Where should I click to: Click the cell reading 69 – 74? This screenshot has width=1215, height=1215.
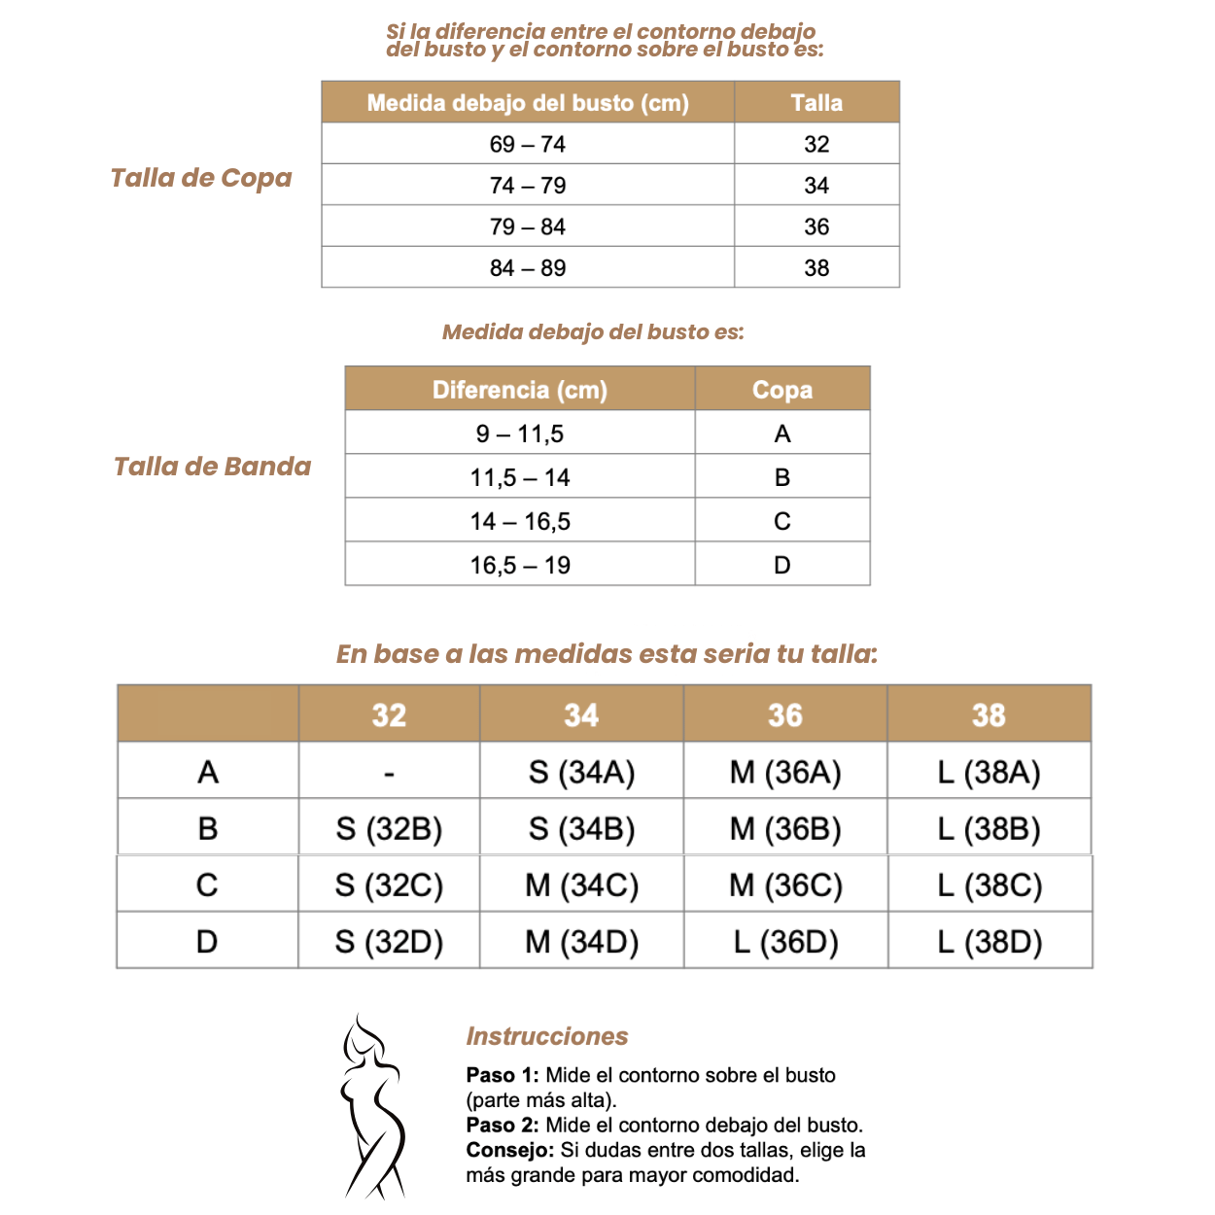tap(527, 144)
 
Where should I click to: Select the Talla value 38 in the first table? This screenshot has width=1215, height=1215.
tap(816, 267)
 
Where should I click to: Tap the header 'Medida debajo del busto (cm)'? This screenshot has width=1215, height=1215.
tap(527, 103)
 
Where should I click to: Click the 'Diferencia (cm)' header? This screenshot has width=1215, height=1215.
tap(519, 390)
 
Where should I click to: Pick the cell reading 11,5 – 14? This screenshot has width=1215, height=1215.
tap(519, 477)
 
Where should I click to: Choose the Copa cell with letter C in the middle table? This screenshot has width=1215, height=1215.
tap(781, 521)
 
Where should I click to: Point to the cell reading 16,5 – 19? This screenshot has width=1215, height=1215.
tap(519, 565)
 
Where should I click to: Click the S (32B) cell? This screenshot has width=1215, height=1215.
tap(389, 829)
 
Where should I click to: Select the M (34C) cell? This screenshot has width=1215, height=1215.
tap(581, 885)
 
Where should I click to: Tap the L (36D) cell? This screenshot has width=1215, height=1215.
tap(785, 942)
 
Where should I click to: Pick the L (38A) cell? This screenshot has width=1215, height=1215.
tap(989, 773)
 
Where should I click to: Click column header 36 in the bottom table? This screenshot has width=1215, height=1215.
tap(785, 715)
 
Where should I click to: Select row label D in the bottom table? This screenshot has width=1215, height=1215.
tap(207, 942)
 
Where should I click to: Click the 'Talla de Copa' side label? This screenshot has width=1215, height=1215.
tap(201, 178)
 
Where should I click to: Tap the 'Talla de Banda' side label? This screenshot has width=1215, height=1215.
tap(212, 467)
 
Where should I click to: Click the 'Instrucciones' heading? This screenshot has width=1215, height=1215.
tap(547, 1036)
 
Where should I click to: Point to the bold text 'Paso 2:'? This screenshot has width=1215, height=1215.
tap(503, 1126)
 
